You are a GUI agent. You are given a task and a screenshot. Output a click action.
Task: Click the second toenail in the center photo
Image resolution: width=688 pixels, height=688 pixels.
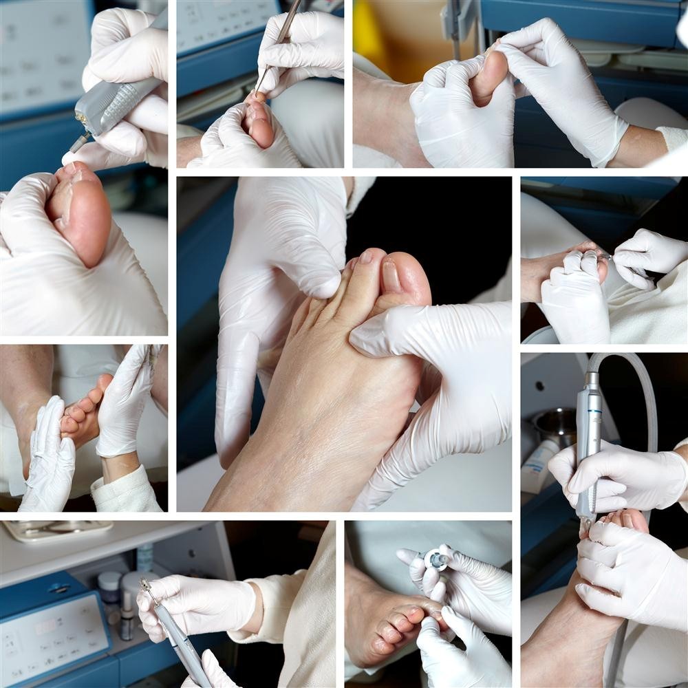[366, 257]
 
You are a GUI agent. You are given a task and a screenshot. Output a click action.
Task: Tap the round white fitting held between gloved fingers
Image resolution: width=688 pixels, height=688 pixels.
[436, 559]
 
